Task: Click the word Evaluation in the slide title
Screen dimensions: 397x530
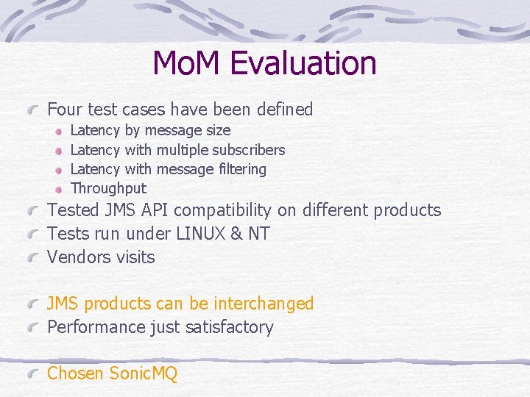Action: pyautogui.click(x=303, y=63)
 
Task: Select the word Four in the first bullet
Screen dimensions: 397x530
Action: pyautogui.click(x=65, y=110)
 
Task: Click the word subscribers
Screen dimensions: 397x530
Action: pyautogui.click(x=249, y=150)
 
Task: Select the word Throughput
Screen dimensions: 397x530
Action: pyautogui.click(x=108, y=188)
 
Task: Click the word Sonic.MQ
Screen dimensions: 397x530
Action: pyautogui.click(x=143, y=373)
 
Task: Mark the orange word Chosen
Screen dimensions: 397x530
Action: pyautogui.click(x=75, y=373)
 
